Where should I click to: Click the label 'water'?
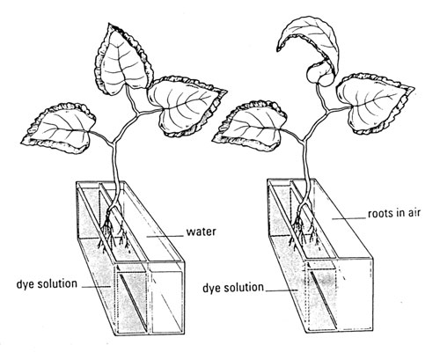click(202, 231)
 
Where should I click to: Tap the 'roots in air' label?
click(394, 213)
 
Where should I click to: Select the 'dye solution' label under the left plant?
click(47, 284)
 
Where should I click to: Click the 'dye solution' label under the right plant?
click(233, 288)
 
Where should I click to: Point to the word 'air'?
click(414, 213)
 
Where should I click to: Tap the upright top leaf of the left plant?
click(123, 59)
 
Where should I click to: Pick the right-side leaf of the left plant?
click(187, 106)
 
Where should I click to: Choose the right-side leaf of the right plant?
click(374, 103)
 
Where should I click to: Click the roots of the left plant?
click(114, 231)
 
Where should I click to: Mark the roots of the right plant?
click(304, 231)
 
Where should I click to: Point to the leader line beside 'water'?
click(165, 236)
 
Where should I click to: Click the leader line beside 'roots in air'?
click(348, 218)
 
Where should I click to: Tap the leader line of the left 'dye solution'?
click(96, 287)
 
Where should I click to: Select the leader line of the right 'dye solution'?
click(282, 290)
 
